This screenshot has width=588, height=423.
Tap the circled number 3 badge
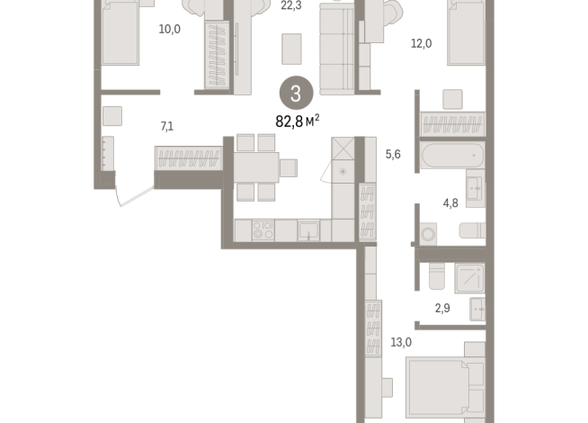point(297,91)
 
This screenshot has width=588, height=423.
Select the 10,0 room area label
point(169,29)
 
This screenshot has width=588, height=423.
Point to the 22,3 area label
point(291,5)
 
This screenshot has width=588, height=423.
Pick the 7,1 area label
point(166,126)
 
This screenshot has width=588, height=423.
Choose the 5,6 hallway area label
point(393,154)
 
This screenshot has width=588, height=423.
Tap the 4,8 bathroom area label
point(450,202)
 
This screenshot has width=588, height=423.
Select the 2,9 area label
point(442,309)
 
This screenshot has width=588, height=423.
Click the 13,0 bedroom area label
point(401,342)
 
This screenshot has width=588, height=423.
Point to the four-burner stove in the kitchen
point(263,230)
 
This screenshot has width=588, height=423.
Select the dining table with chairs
point(256,166)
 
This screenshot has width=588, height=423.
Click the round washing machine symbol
point(428,234)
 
